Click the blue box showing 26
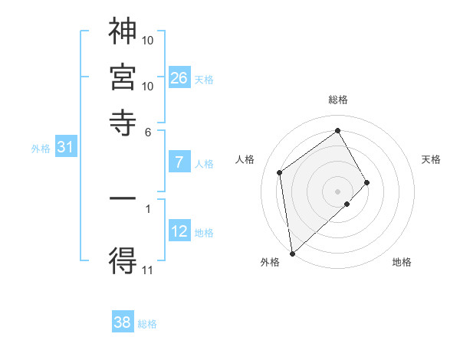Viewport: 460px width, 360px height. click(x=179, y=77)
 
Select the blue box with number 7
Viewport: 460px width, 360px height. click(x=179, y=162)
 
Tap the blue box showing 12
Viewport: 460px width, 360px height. click(x=179, y=231)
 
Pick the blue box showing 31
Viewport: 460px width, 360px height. click(x=65, y=147)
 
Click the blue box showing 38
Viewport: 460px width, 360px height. click(x=123, y=322)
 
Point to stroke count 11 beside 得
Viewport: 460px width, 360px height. click(x=147, y=270)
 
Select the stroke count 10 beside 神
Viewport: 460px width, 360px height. click(x=148, y=39)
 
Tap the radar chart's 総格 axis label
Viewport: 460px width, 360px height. click(x=338, y=100)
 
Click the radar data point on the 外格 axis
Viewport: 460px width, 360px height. click(x=292, y=253)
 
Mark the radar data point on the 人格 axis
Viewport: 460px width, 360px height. click(x=280, y=172)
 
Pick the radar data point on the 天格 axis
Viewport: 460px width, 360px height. click(x=366, y=182)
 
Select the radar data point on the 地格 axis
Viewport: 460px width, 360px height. click(x=347, y=204)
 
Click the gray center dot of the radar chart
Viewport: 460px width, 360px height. click(x=338, y=191)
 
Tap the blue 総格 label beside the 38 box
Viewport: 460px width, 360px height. click(x=147, y=324)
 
